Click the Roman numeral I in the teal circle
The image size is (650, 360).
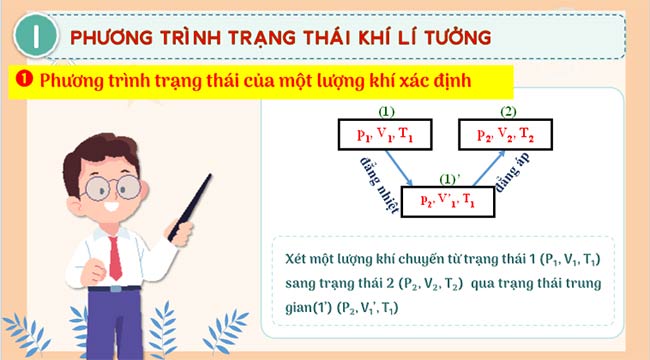point(36,37)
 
